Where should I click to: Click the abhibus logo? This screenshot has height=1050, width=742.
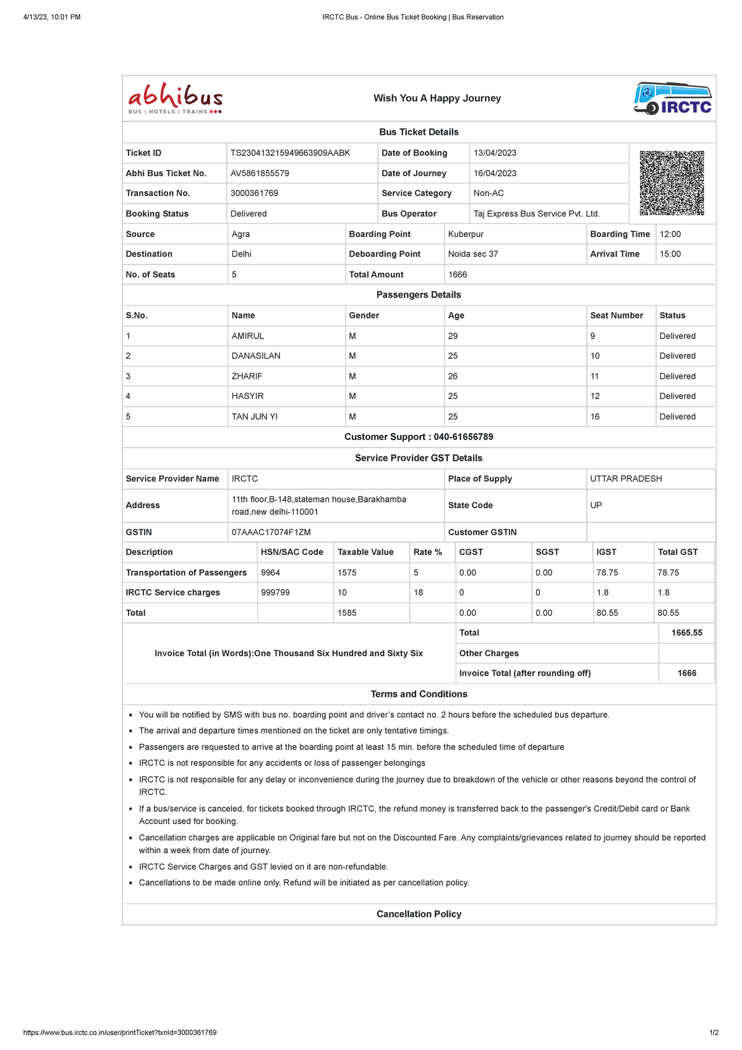[176, 99]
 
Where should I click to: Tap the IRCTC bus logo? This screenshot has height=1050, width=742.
[673, 98]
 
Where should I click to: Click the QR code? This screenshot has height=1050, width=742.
[672, 183]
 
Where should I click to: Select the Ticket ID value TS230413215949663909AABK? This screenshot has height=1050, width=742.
[290, 153]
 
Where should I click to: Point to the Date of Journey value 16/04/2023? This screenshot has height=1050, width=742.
[495, 173]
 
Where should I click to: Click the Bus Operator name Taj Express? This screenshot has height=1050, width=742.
[536, 213]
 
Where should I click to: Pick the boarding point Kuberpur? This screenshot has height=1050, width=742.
[466, 234]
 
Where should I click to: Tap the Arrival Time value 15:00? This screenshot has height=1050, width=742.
[670, 254]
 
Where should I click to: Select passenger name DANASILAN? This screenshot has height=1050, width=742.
[256, 356]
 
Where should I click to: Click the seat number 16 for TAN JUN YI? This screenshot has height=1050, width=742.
[595, 416]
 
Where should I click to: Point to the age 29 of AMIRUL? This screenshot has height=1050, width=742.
[453, 336]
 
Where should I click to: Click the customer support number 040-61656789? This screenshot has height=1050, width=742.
[463, 437]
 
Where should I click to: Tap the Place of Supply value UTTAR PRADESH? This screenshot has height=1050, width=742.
[626, 478]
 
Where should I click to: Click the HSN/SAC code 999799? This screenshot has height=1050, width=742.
[275, 592]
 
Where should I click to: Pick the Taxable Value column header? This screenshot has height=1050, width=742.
[365, 552]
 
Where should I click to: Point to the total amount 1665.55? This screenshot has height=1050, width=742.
[686, 632]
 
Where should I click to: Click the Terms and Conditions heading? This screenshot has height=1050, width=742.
[419, 694]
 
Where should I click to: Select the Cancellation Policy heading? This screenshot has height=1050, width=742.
[419, 914]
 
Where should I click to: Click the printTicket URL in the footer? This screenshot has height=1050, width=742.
[120, 1033]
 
